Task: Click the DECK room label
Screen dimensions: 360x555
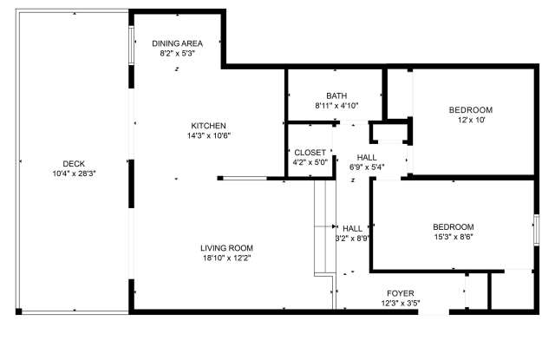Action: point(73,163)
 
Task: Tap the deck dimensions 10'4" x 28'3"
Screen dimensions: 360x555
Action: point(73,173)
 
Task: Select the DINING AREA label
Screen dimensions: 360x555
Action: point(177,43)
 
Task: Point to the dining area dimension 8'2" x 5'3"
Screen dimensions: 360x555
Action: point(177,53)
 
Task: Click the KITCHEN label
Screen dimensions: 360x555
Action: point(208,125)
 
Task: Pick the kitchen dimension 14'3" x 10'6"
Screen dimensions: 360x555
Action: point(208,135)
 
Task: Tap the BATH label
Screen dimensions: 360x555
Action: point(336,95)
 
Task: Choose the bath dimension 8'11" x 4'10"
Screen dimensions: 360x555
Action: point(336,106)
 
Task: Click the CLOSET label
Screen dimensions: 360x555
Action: point(310,152)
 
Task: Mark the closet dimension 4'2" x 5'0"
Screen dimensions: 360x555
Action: point(310,161)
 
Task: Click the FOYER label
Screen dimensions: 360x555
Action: point(400,293)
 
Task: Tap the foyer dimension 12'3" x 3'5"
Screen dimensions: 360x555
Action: point(400,303)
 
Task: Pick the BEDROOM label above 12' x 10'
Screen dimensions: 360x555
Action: point(470,109)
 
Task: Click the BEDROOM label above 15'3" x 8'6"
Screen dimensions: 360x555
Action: point(454,226)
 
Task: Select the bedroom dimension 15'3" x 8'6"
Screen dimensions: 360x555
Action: point(454,237)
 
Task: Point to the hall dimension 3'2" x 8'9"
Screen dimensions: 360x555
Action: point(352,238)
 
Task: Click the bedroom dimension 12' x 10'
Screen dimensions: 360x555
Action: point(470,120)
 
